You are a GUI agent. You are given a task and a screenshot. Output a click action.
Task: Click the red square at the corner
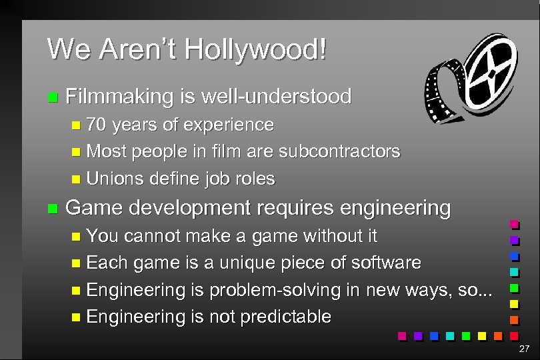pyautogui.click(x=514, y=337)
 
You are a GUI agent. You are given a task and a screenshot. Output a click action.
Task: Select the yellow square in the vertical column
pyautogui.click(x=514, y=305)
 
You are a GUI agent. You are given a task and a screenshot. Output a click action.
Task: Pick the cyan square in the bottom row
pyautogui.click(x=450, y=336)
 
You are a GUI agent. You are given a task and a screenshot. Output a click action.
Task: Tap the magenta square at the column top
pyautogui.click(x=514, y=224)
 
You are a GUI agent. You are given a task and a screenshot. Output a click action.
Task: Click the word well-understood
pyautogui.click(x=279, y=97)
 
